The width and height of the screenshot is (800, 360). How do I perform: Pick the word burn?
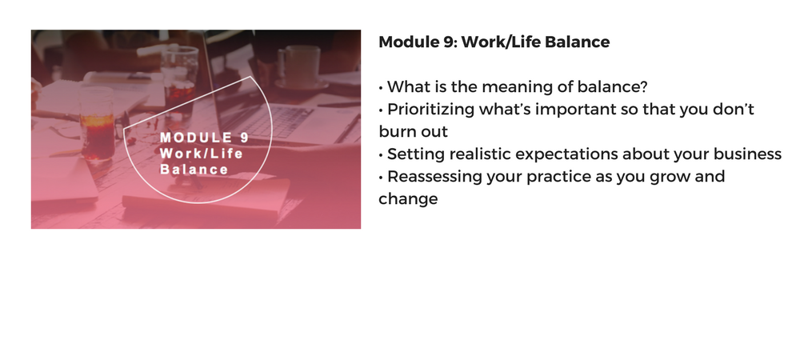(x=395, y=131)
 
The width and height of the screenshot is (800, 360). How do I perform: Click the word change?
(x=408, y=199)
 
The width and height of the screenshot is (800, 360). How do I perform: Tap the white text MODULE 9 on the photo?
(x=205, y=137)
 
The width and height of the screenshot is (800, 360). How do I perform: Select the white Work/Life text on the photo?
(x=202, y=153)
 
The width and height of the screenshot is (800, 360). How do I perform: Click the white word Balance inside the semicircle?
(x=194, y=170)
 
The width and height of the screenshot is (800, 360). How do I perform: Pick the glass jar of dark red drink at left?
(x=97, y=124)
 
